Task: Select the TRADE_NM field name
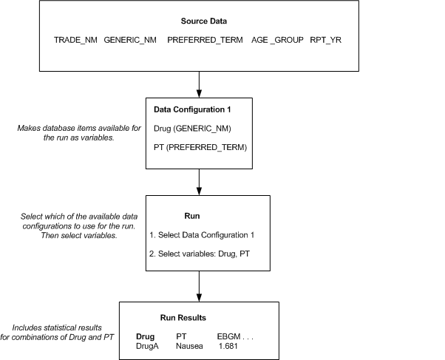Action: [76, 39]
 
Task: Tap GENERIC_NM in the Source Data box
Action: [130, 39]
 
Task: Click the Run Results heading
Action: [183, 318]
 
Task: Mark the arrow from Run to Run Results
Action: [200, 285]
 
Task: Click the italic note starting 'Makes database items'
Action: [69, 132]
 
